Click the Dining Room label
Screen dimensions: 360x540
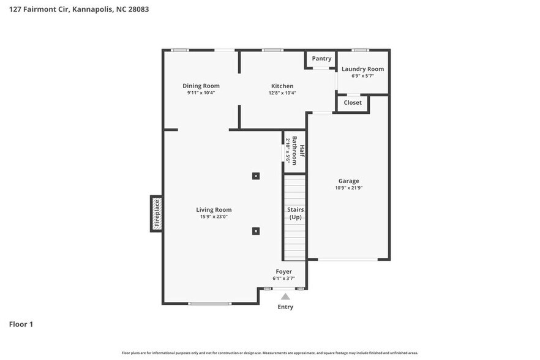[201, 86]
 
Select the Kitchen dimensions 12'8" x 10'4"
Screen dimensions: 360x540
[282, 93]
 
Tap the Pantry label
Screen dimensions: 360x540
[321, 59]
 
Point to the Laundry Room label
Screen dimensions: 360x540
[362, 69]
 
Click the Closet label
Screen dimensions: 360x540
[353, 103]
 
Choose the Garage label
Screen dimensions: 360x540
[349, 181]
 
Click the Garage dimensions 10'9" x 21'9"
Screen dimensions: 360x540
[349, 188]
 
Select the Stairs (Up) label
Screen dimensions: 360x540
[295, 213]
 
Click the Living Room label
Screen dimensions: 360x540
[214, 210]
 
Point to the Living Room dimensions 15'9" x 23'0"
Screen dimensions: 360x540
[214, 217]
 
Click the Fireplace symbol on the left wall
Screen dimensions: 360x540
[157, 214]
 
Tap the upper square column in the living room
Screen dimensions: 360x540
[256, 176]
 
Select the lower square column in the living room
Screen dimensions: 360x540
[256, 231]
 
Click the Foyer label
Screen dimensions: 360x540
[283, 271]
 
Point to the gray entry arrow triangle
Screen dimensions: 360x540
[285, 296]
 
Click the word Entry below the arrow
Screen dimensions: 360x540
[285, 307]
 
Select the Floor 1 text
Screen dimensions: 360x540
[21, 324]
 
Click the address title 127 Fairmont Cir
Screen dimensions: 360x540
[78, 9]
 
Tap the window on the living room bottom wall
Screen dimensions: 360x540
[210, 304]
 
